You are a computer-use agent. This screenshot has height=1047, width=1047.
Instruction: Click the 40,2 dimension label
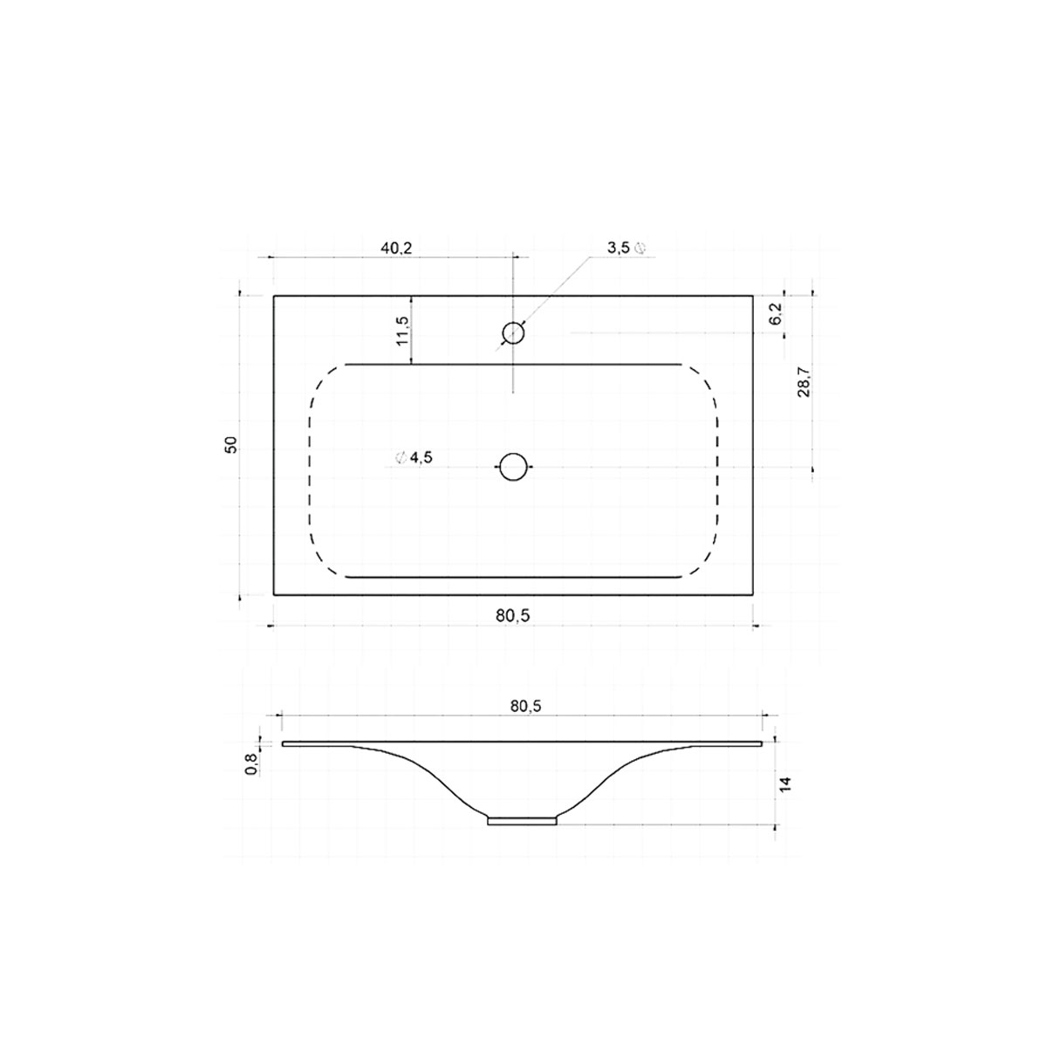(x=395, y=248)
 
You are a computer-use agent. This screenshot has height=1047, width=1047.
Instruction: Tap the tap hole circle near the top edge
(x=513, y=332)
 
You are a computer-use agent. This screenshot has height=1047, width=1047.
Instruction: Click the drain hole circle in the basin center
(x=513, y=467)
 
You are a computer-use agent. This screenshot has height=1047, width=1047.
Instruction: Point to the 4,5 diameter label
(x=420, y=458)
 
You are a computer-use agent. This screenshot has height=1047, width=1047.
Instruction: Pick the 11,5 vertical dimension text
(x=401, y=331)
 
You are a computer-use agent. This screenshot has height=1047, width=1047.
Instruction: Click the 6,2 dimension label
(x=776, y=314)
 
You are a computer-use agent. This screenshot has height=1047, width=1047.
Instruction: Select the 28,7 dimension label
(x=804, y=382)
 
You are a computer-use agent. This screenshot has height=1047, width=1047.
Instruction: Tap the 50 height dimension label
(x=230, y=444)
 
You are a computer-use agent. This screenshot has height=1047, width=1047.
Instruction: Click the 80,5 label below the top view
(x=513, y=615)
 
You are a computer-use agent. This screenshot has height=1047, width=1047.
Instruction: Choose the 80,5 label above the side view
(x=524, y=706)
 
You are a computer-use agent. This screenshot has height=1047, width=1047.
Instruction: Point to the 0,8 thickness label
(x=251, y=764)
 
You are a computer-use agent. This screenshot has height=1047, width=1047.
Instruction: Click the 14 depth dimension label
(x=785, y=783)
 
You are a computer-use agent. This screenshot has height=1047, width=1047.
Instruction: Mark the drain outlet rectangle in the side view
(x=522, y=820)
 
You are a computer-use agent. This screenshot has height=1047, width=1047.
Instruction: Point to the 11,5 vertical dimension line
(x=412, y=330)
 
